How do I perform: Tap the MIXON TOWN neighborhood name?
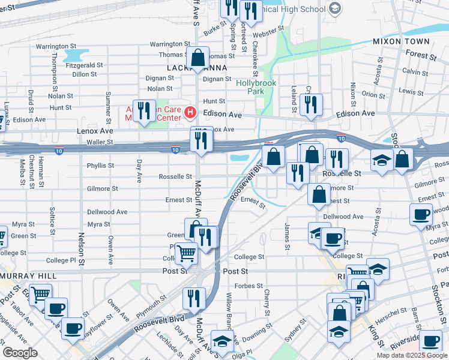tap(401, 41)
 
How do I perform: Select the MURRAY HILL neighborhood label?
tap(29, 275)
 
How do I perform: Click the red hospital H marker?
tap(190, 112)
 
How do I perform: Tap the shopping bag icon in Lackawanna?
tap(197, 59)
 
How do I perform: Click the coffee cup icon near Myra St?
tap(421, 214)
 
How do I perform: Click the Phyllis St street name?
tap(100, 166)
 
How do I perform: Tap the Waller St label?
tap(99, 142)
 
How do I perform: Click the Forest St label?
tap(420, 56)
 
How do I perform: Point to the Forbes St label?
tap(252, 286)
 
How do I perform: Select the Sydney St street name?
tap(298, 329)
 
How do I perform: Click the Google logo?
tap(20, 353)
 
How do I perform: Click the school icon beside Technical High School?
tap(335, 8)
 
